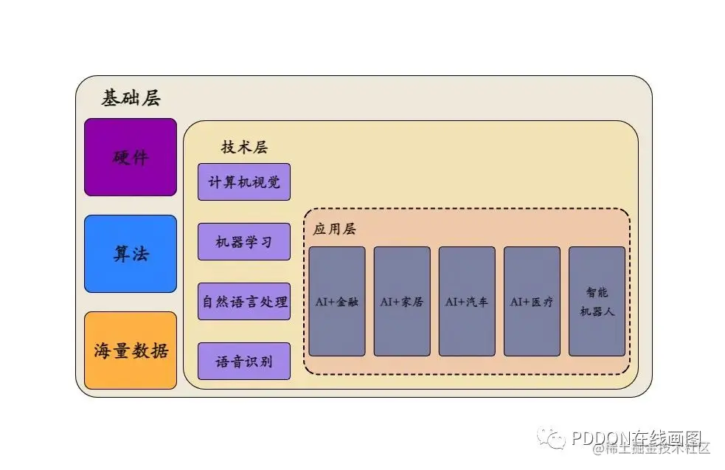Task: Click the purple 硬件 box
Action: click(x=131, y=157)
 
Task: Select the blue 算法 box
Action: click(x=131, y=254)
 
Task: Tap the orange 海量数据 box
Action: click(x=131, y=350)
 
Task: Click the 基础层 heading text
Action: click(x=131, y=99)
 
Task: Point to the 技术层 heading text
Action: click(x=244, y=148)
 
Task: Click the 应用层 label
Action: click(x=334, y=229)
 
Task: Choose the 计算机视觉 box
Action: click(x=244, y=182)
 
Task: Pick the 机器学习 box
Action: click(x=244, y=242)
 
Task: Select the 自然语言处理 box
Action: click(x=244, y=302)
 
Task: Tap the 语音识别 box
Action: click(x=244, y=362)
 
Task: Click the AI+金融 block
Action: click(x=337, y=302)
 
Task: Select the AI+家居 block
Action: click(x=402, y=302)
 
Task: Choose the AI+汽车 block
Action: click(x=467, y=302)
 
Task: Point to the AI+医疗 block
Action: click(x=532, y=302)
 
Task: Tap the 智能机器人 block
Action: click(x=597, y=302)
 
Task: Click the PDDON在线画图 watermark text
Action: click(x=639, y=438)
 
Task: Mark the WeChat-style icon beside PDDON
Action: click(x=552, y=439)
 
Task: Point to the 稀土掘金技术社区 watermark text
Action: click(x=656, y=448)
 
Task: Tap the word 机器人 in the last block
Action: click(x=597, y=311)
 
